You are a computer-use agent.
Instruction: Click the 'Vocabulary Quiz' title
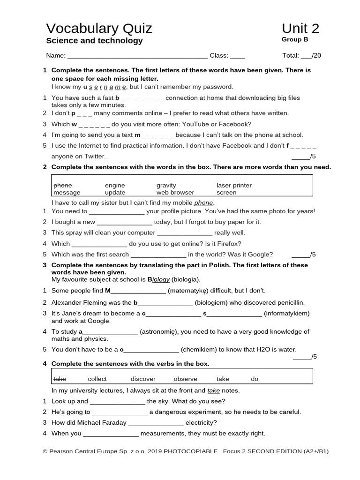pos(99,29)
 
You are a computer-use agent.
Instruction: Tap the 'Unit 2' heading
pos(300,29)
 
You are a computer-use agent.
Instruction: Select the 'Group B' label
pos(295,40)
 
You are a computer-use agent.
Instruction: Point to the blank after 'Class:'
pos(237,56)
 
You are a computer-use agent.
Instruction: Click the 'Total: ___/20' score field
pos(301,56)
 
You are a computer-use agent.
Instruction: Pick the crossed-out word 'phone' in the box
pos(62,186)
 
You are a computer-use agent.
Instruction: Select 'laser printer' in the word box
pos(234,186)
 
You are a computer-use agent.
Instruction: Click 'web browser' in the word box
pos(175,193)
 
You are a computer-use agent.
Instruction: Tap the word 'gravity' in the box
pos(166,186)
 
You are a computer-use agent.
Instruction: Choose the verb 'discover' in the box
pos(143,379)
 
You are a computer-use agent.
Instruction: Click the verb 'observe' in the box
pos(185,379)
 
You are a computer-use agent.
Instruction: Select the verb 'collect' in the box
pos(97,379)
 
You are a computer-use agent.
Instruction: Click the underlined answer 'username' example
pos(105,87)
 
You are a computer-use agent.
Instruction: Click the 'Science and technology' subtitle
pos(94,41)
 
